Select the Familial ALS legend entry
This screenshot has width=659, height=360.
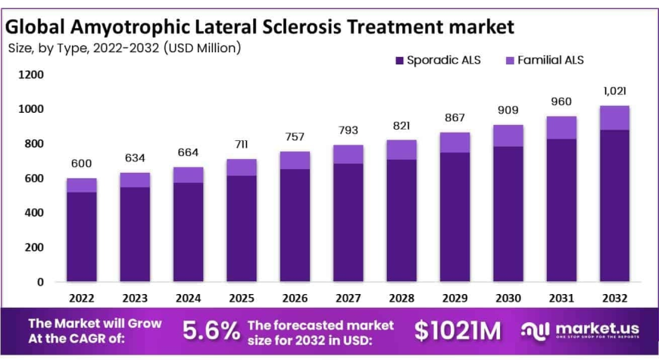point(543,60)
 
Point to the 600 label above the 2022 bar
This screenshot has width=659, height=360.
point(81,164)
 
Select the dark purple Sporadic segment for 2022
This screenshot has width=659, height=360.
point(81,236)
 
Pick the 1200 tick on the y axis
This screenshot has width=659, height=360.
point(31,75)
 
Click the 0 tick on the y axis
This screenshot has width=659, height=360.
point(40,282)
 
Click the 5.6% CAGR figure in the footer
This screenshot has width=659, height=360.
point(211,330)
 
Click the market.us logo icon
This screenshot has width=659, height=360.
point(536,330)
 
